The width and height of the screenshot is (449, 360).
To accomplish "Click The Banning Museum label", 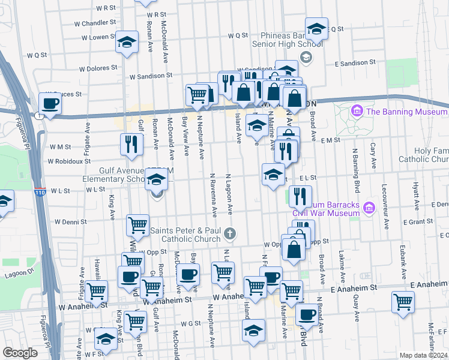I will tap(406, 112).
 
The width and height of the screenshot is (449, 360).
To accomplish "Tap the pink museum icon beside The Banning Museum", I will tap(357, 111).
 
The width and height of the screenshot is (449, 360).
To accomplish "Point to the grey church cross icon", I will tap(229, 233).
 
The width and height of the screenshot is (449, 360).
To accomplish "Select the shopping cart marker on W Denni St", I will tap(137, 225).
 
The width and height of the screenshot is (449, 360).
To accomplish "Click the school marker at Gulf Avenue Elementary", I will tap(156, 179).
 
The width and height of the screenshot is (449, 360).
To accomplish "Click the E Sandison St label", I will tap(355, 62).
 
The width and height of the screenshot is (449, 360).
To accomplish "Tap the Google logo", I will tap(20, 353).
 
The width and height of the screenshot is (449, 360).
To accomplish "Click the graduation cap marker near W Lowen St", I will tap(126, 42).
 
